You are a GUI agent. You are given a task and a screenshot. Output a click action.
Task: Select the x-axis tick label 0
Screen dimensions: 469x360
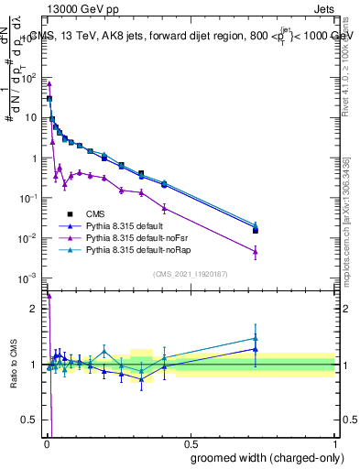[x=47, y=443]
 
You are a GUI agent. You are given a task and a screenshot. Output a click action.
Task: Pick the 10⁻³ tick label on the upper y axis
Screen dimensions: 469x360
[x=30, y=278]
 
